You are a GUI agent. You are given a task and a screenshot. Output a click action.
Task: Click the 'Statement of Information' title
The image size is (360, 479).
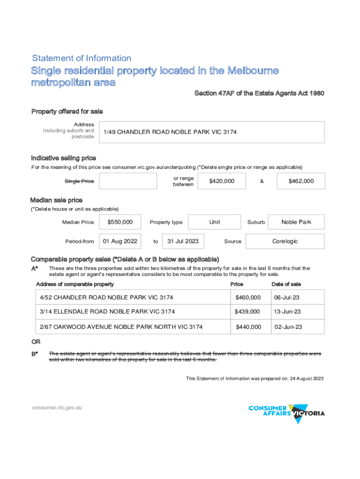coord(81,58)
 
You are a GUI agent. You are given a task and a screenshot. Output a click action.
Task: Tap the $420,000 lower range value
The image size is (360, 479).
coord(222,181)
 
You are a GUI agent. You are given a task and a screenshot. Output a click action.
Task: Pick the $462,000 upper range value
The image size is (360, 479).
coord(301,181)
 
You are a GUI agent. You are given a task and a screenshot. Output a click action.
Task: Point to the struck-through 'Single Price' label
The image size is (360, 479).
coord(79,181)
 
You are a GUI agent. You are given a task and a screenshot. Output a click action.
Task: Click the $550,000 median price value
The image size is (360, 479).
coord(120,222)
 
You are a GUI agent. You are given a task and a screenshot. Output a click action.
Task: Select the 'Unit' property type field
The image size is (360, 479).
coord(215,222)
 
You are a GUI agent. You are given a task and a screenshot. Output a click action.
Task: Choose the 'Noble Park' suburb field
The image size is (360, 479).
coord(296,222)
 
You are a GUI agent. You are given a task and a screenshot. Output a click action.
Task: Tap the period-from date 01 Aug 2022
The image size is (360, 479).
coord(120,241)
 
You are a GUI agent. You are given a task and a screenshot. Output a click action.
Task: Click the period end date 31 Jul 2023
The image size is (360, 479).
coord(183,241)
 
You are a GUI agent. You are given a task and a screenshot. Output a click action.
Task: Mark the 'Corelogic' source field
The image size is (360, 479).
coord(285,241)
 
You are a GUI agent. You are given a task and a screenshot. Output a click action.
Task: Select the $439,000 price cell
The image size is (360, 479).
coord(248,312)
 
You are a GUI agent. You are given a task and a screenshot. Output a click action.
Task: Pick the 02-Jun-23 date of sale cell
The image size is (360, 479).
coord(288,327)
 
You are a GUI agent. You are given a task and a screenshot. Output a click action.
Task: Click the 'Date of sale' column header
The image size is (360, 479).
coord(286,284)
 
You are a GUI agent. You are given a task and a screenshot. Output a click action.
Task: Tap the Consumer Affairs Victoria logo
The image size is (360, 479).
coord(287,412)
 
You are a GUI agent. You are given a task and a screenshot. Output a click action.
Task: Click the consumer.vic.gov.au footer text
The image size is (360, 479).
coord(57,408)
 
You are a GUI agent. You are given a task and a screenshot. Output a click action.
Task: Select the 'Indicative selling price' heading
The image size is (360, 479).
coord(64,158)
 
